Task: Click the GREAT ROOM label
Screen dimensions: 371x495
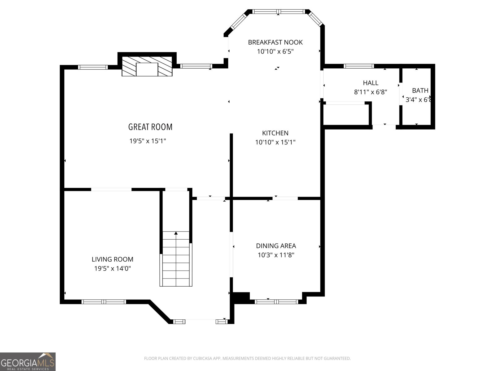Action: coord(150,127)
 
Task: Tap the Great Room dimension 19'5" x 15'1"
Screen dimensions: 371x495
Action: coord(148,141)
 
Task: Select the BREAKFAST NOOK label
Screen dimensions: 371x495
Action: coord(275,42)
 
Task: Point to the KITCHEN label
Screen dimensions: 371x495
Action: coord(275,133)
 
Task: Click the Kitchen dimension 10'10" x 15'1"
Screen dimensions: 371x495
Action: coord(275,142)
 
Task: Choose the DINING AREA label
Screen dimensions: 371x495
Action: coord(276,246)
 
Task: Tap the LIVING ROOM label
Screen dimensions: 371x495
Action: coord(112,259)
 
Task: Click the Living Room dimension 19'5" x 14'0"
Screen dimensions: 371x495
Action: coord(112,268)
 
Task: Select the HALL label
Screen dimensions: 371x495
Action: coord(370,83)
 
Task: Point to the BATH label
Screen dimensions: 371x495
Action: coord(420,91)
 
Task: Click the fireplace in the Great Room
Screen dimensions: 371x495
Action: coord(147,66)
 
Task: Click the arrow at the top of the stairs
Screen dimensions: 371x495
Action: coord(176,233)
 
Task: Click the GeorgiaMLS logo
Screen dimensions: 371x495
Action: coord(28,362)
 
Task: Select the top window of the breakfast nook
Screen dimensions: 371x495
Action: coord(278,12)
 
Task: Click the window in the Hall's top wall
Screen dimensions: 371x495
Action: coord(359,66)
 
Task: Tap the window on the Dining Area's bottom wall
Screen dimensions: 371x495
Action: coord(276,301)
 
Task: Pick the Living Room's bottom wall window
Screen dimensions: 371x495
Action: coord(104,301)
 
